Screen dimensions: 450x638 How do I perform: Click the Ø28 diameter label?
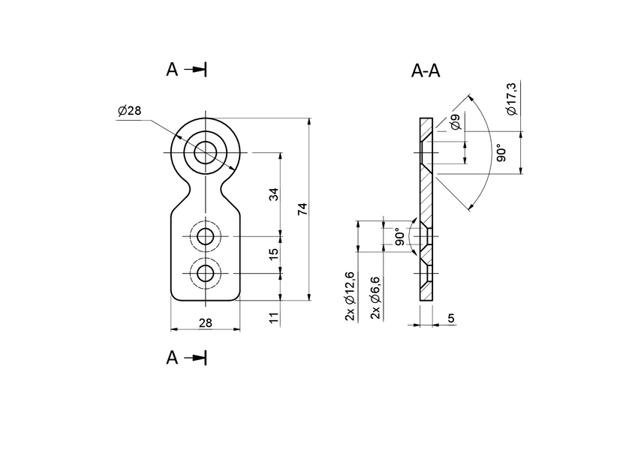coord(129,111)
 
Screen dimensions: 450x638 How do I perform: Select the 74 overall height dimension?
coord(303,208)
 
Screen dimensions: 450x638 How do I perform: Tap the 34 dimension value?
coord(274,194)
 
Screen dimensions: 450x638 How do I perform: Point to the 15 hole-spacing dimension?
coord(274,254)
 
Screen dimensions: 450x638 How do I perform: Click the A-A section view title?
coord(426,71)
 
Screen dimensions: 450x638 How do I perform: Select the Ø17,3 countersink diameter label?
coord(512,100)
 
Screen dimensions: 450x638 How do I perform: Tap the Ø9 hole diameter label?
coord(456,122)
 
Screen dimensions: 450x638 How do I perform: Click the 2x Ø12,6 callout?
coord(350,298)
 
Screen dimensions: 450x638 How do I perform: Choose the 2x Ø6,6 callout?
coord(375,298)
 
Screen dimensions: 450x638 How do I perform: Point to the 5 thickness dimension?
coord(450,318)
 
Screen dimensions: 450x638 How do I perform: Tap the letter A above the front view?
coord(172,70)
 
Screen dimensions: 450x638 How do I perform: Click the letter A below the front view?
coord(172,358)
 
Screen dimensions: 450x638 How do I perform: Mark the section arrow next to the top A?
coord(197,70)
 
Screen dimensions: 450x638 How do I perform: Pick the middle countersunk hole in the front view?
coord(205,238)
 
